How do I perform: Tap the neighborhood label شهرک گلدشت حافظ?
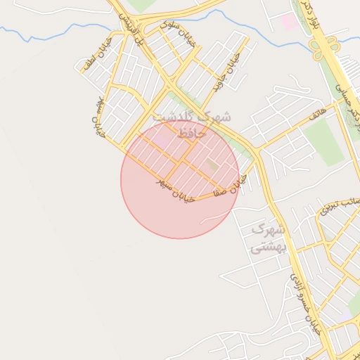(x=191, y=124)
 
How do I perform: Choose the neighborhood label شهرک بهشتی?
(x=268, y=238)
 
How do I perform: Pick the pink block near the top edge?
(x=289, y=22)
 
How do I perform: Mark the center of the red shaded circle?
(x=180, y=180)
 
